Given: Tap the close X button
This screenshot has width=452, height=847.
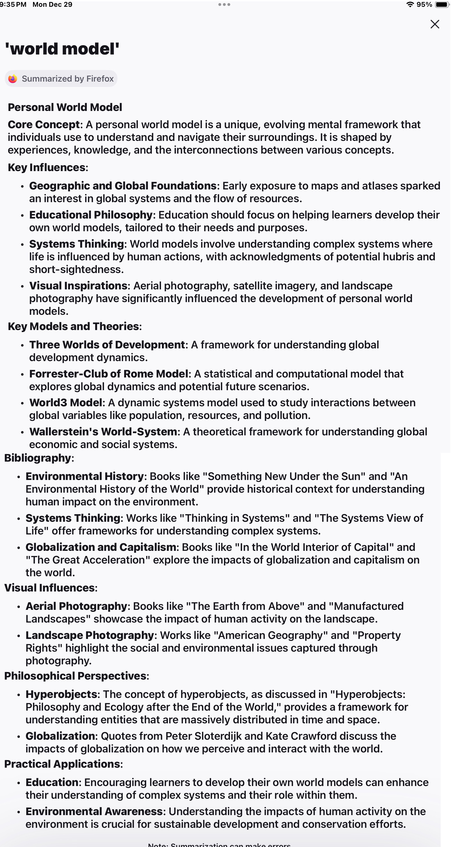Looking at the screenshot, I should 435,24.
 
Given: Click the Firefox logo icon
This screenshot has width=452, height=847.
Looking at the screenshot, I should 13,79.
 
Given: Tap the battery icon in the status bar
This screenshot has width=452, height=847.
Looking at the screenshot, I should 442,5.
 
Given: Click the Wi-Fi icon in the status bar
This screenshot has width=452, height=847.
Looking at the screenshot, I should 410,5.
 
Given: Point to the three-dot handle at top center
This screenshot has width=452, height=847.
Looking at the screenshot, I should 224,5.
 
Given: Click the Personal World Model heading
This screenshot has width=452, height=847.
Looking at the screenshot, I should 65,107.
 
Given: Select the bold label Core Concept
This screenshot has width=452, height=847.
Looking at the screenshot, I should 44,125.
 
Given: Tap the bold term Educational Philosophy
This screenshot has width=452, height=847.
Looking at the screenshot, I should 91,215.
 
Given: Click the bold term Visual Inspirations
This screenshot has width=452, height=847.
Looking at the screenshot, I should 78,286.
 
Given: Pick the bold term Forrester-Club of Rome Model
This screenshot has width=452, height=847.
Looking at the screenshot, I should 109,374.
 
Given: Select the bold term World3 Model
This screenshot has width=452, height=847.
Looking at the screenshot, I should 66,403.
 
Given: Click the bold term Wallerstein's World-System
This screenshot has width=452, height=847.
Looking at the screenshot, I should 103,432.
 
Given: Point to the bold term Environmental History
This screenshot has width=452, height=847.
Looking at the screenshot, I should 85,477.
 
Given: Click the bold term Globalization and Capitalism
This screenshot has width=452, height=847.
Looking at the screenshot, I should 101,547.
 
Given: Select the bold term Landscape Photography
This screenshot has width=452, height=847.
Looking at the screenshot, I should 90,635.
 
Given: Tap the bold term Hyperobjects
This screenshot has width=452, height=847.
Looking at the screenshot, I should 61,694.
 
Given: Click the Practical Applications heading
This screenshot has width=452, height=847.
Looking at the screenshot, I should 62,764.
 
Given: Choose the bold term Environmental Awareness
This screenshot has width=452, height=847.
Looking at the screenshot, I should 94,811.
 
